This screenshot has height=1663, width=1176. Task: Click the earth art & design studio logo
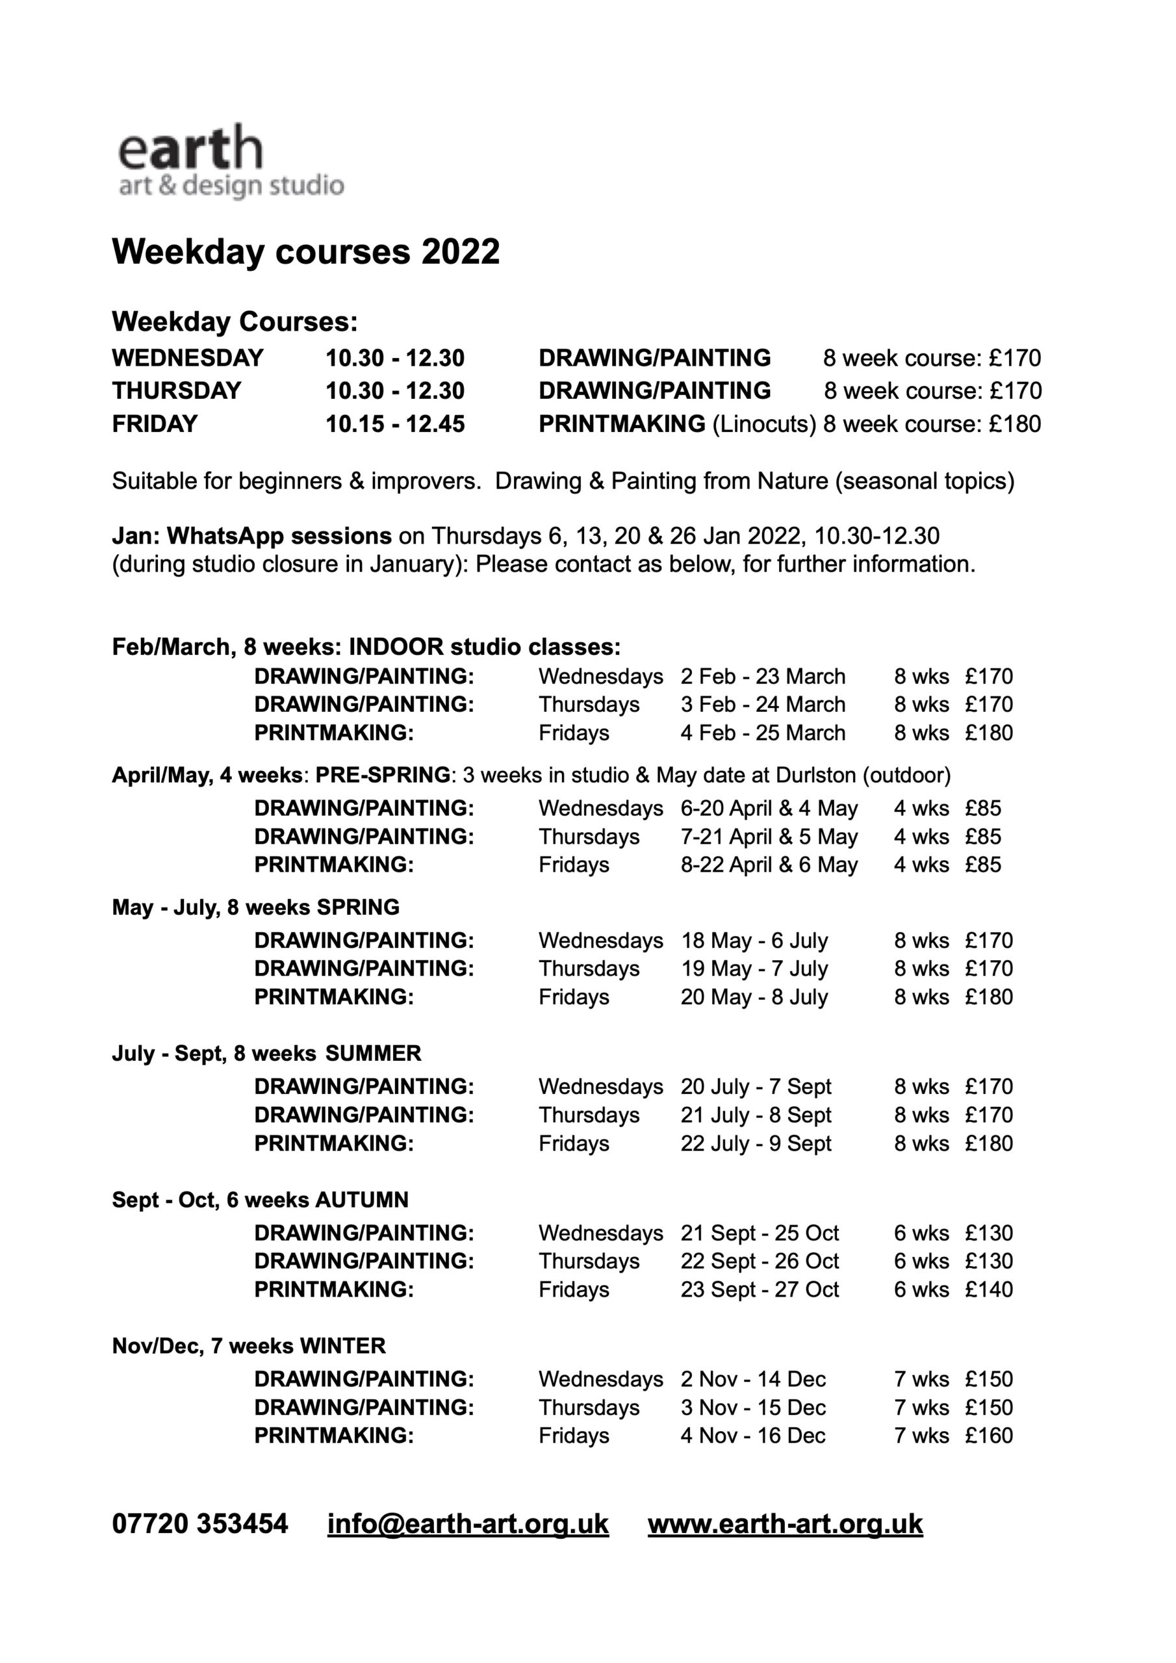click(230, 161)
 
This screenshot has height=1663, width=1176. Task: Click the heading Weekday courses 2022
click(305, 252)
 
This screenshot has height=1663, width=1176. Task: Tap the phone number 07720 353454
click(199, 1523)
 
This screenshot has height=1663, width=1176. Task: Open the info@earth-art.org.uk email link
click(468, 1523)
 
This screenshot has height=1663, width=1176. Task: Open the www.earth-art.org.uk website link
click(785, 1523)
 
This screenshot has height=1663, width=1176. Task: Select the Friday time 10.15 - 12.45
click(395, 424)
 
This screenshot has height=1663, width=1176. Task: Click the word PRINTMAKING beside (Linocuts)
click(622, 424)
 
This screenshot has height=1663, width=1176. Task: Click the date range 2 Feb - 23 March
click(762, 676)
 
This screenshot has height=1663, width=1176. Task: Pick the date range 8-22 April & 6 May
click(769, 865)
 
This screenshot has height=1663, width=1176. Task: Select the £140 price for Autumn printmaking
click(988, 1289)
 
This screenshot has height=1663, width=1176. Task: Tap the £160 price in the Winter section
click(988, 1436)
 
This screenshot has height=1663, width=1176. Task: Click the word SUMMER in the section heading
click(373, 1053)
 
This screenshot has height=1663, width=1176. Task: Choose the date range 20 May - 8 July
click(754, 997)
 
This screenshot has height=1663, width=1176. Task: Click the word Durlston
click(816, 776)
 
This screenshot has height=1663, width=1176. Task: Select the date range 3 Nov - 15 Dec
click(753, 1407)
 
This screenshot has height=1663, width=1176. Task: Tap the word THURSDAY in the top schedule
click(176, 391)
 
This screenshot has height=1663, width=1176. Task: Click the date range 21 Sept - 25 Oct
click(760, 1233)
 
